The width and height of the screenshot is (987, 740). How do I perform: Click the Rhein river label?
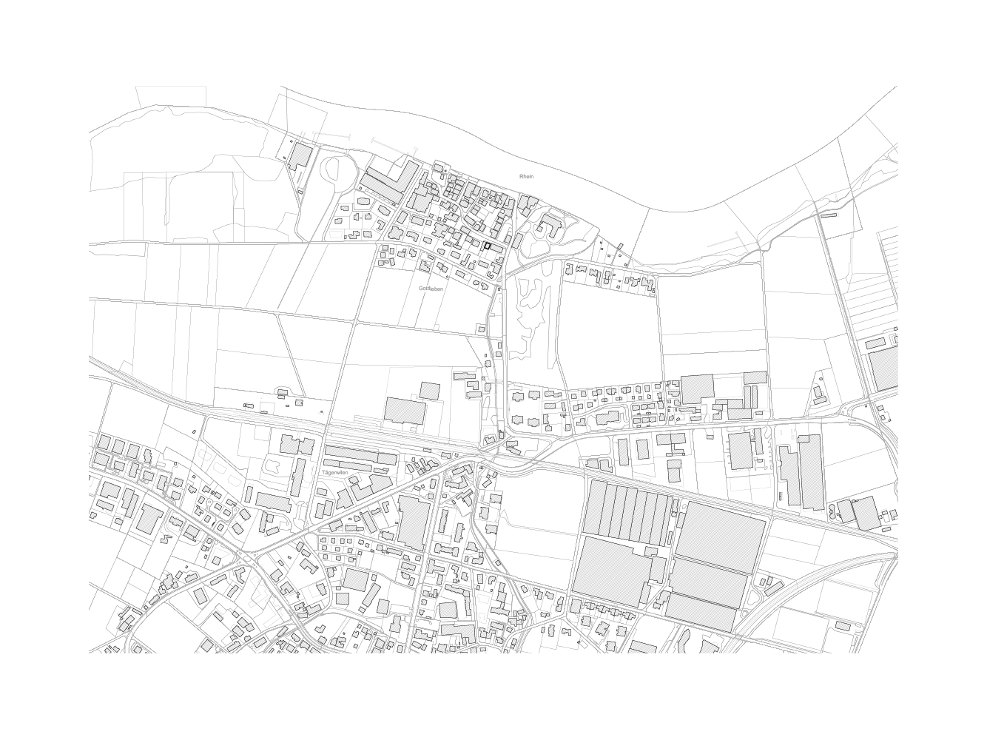(x=527, y=177)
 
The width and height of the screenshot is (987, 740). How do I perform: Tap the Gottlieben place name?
(x=431, y=289)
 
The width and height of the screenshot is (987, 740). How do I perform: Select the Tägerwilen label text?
(x=335, y=471)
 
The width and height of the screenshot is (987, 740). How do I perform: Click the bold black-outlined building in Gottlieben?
(x=488, y=246)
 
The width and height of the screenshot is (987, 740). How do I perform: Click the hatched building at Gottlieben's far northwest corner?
(x=299, y=156)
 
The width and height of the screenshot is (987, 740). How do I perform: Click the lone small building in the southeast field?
(x=842, y=626)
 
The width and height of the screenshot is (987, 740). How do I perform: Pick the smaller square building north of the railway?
(x=429, y=391)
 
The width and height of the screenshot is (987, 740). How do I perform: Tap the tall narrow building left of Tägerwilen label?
(x=298, y=477)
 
